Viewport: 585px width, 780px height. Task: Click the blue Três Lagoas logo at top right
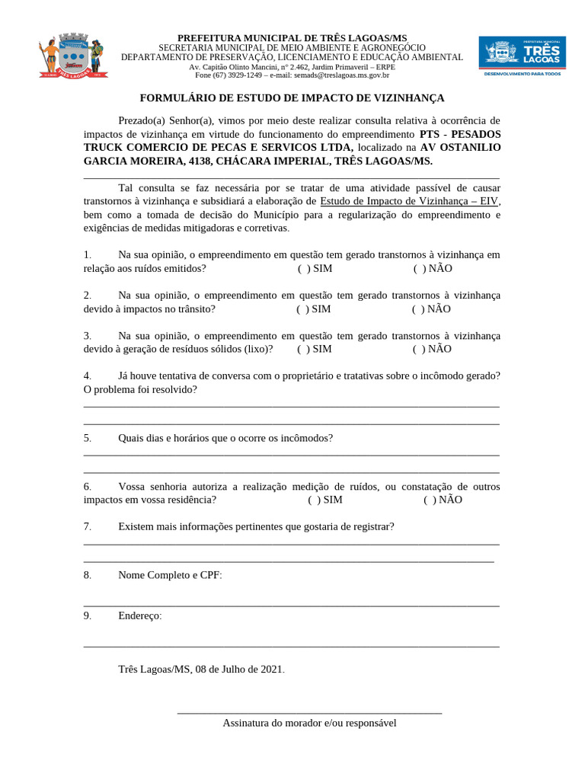tap(522, 56)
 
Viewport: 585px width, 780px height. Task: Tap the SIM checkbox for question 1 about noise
tap(302, 268)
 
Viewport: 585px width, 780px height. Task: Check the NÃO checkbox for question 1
tap(418, 268)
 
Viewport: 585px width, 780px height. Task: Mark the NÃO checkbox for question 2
tap(417, 308)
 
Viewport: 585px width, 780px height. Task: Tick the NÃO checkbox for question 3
tap(417, 349)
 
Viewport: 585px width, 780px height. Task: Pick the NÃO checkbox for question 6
tap(428, 500)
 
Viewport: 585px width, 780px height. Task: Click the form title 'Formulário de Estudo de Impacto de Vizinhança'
tap(292, 98)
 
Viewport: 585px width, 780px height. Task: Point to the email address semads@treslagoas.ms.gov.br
tap(342, 75)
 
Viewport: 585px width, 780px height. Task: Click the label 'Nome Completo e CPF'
tap(170, 575)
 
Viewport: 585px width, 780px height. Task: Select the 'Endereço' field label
tap(139, 615)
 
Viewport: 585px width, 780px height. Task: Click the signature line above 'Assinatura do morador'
tap(309, 712)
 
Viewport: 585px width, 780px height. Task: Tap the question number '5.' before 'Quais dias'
tap(88, 438)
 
